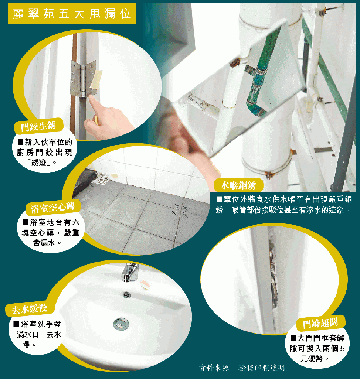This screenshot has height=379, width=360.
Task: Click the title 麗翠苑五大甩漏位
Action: click(72, 14)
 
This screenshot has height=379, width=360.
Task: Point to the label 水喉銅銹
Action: click(238, 185)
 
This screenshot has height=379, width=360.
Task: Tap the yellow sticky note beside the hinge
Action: click(96, 79)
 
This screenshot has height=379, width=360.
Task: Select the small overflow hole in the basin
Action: click(127, 295)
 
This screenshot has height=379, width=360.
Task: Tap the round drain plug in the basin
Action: click(121, 324)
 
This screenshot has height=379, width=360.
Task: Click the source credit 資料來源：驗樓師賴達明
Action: click(242, 368)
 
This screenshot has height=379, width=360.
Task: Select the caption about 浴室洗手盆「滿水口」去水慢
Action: click(37, 334)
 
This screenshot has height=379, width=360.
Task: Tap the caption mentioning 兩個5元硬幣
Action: click(317, 348)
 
